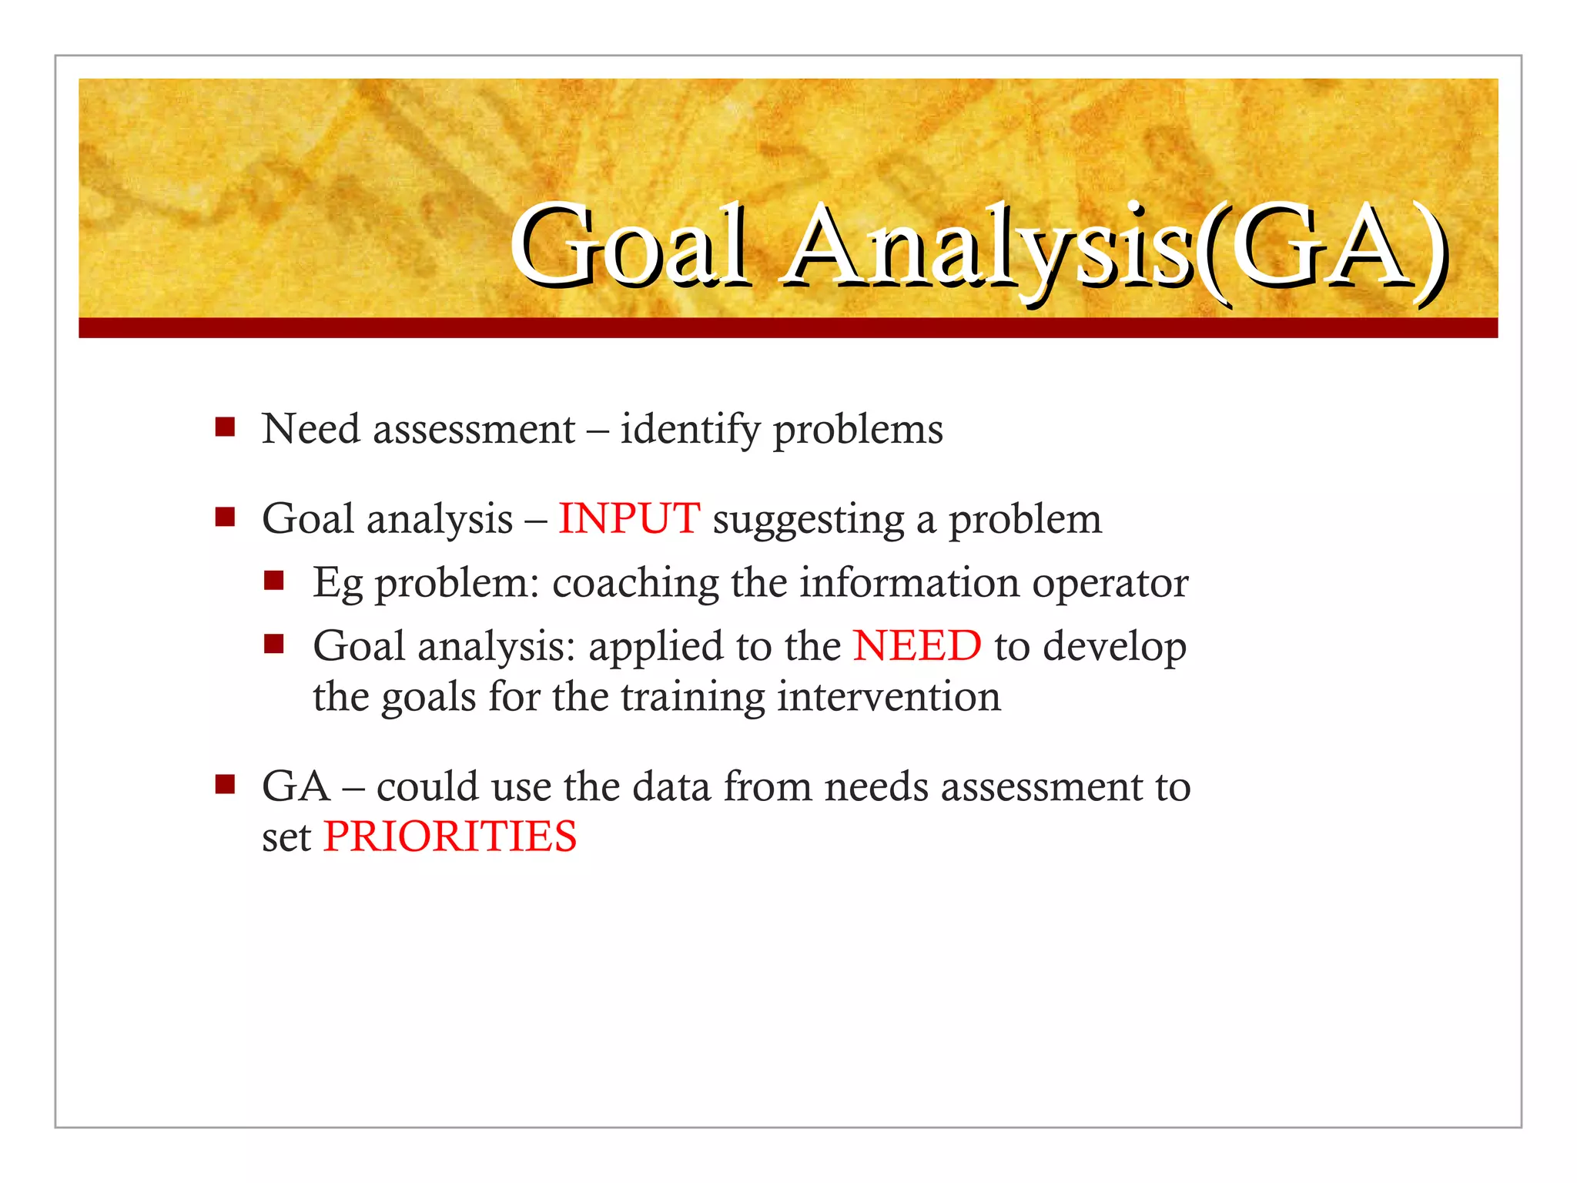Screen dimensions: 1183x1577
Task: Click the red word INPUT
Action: [628, 518]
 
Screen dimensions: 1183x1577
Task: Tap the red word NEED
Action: [916, 645]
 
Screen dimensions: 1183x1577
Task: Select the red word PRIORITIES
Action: [450, 836]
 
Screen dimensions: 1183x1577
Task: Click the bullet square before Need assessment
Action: [225, 427]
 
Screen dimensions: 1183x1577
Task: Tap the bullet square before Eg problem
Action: [274, 580]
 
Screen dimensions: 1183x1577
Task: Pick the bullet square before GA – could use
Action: [225, 785]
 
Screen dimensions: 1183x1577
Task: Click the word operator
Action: [1110, 583]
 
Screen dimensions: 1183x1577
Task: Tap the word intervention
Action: [889, 696]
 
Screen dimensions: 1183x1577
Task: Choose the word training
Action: [692, 698]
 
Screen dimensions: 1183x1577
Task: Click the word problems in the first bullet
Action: [857, 430]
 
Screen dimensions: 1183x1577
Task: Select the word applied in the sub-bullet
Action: [655, 647]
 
